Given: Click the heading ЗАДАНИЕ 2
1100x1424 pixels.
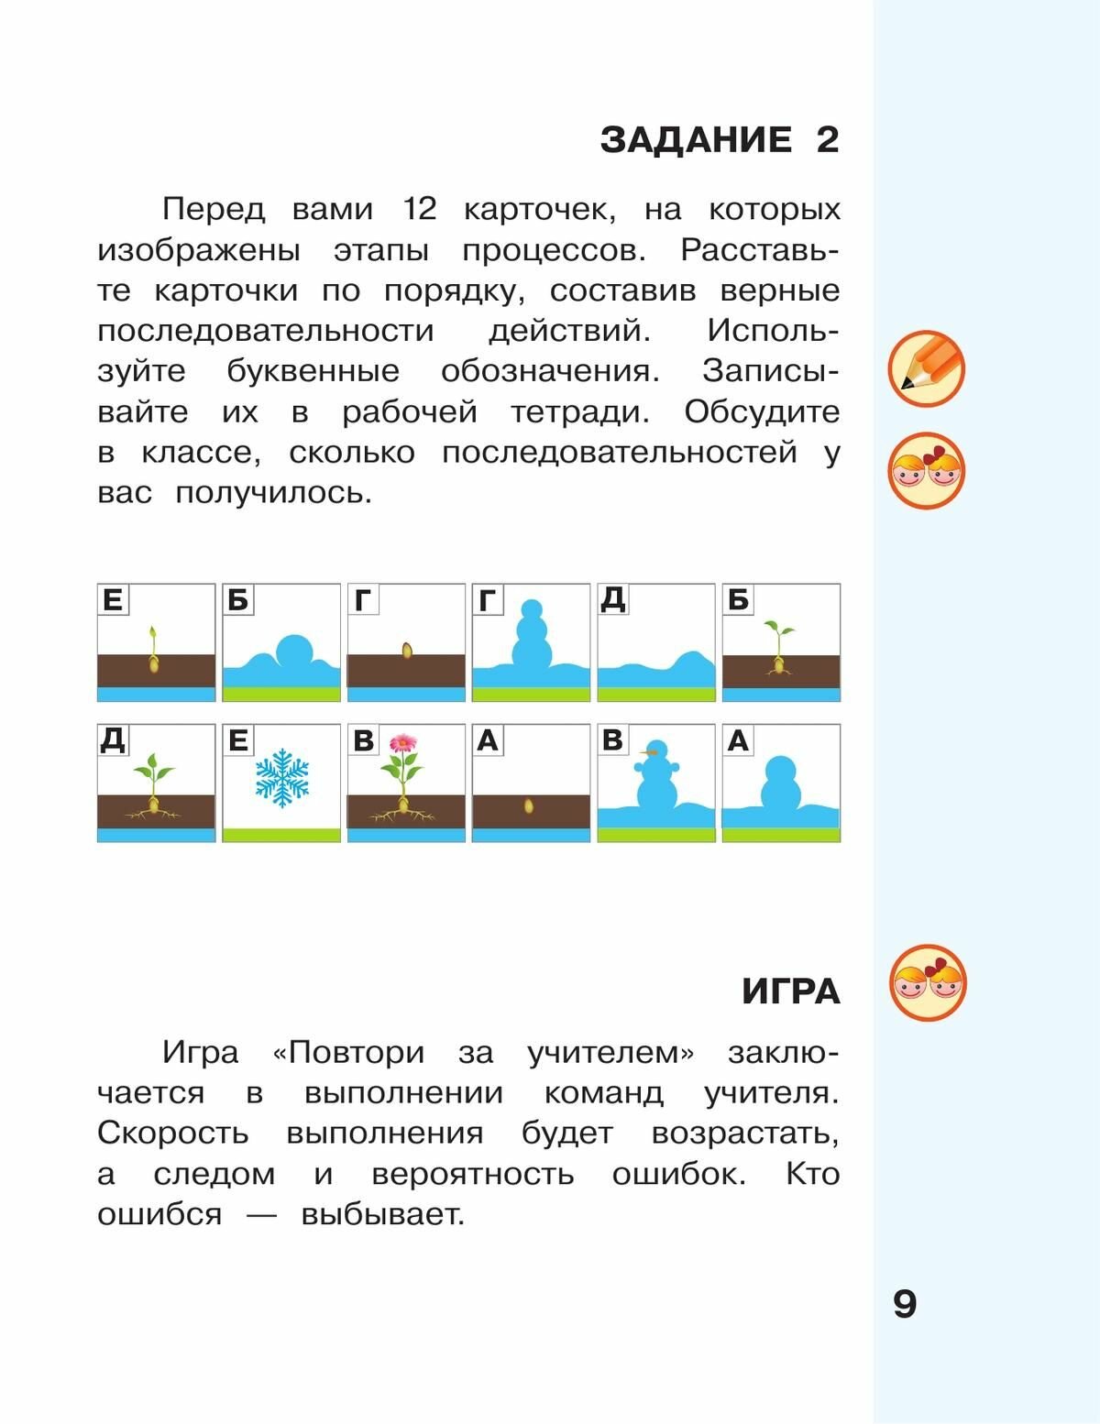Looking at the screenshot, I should tap(720, 140).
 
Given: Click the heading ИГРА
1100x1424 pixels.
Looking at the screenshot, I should tap(790, 991).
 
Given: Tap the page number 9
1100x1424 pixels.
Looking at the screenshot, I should tap(904, 1303).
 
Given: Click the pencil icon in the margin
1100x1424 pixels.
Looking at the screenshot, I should tap(926, 369).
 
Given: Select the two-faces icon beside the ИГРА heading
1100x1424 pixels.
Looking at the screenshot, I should tap(928, 983).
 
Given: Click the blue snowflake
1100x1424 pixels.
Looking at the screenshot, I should tap(282, 778).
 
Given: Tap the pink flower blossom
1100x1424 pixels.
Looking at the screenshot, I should tap(402, 743).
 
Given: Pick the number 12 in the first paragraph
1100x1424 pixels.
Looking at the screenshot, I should tap(420, 209).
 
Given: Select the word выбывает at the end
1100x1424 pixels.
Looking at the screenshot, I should tap(382, 1214).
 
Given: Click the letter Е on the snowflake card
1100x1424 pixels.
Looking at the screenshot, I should tap(237, 739).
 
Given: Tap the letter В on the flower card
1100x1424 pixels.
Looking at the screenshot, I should tap(363, 739).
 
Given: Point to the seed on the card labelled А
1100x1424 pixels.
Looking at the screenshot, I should tap(529, 806).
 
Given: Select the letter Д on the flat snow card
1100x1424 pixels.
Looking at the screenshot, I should tap(612, 599).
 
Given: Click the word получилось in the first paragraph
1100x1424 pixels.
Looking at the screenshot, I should tap(273, 492).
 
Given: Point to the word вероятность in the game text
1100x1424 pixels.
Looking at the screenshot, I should tap(473, 1174).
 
